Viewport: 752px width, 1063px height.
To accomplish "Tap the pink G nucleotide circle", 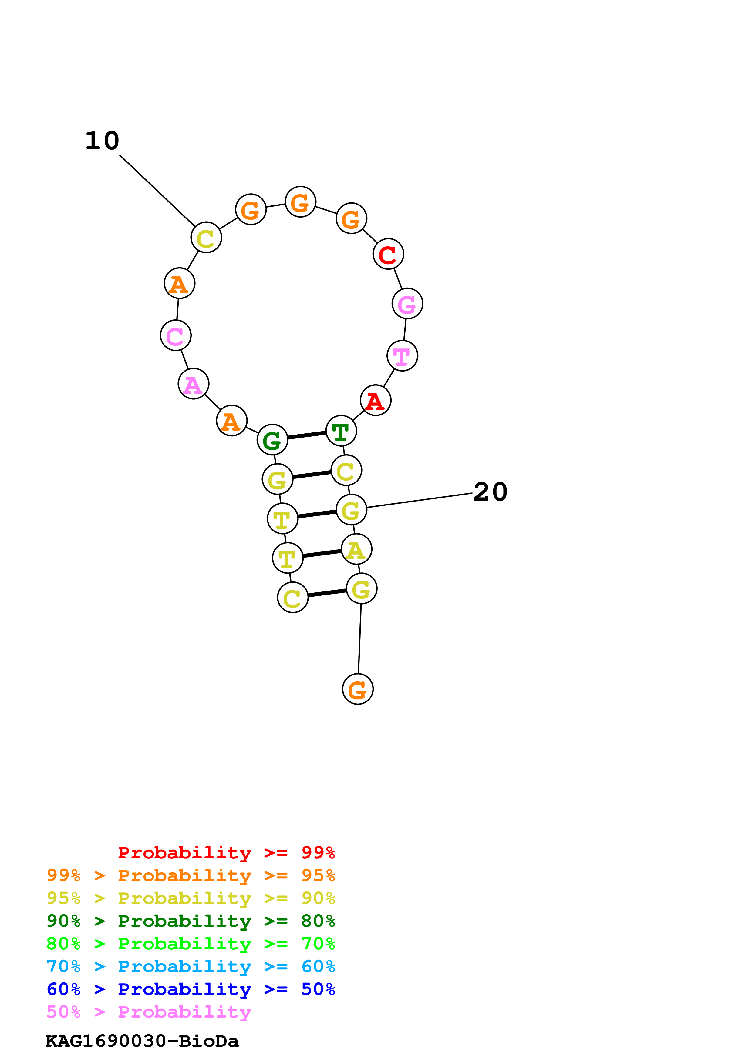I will [x=407, y=303].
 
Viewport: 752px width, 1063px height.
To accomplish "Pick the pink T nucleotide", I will [x=402, y=355].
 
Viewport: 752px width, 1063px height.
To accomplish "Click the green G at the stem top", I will [x=272, y=439].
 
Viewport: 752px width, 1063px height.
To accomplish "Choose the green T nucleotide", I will [x=341, y=431].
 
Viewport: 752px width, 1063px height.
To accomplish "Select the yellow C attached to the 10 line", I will [x=206, y=238].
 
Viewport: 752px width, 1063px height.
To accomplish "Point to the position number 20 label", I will [x=490, y=492].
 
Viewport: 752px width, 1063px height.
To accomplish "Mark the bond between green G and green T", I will [x=307, y=435].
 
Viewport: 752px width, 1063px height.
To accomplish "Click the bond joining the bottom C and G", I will [x=327, y=593].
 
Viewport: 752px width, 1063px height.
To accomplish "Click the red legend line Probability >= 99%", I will [x=226, y=853].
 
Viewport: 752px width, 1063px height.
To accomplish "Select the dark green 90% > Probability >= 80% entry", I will [x=191, y=921].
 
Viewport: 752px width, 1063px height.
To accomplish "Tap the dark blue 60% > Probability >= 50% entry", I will [x=191, y=989].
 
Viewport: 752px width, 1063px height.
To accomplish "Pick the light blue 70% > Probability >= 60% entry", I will [x=191, y=966].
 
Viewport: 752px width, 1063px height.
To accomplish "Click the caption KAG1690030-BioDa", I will [x=142, y=1041].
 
